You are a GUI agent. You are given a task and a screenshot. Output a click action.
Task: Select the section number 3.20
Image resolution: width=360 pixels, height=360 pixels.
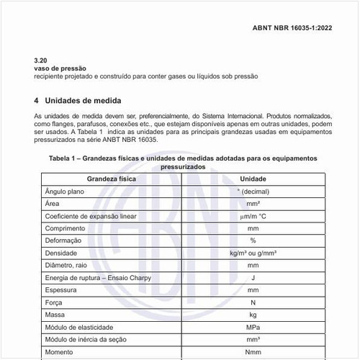41,60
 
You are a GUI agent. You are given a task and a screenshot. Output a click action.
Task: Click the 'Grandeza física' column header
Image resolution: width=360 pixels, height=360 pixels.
112,178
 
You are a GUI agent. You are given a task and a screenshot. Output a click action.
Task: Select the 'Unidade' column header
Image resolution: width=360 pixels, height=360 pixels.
253,178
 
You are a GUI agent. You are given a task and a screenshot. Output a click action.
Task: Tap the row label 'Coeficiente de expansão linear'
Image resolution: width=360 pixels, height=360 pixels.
91,216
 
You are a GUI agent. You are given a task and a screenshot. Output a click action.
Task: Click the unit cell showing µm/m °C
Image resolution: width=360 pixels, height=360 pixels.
253,216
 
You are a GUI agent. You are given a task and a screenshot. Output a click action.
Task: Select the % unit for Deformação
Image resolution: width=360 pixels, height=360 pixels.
253,240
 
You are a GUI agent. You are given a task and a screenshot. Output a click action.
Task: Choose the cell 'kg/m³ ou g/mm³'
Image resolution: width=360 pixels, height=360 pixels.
253,253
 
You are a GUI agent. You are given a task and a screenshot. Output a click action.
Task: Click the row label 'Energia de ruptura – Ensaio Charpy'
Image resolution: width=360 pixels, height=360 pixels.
96,278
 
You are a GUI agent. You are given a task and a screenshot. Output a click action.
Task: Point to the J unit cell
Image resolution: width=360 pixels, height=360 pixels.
253,278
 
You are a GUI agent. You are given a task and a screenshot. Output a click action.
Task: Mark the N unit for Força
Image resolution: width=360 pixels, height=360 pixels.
253,303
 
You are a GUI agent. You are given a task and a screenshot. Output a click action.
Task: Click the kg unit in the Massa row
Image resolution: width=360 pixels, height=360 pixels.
253,315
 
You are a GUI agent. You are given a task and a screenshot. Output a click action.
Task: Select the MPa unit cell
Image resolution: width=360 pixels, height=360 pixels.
253,328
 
